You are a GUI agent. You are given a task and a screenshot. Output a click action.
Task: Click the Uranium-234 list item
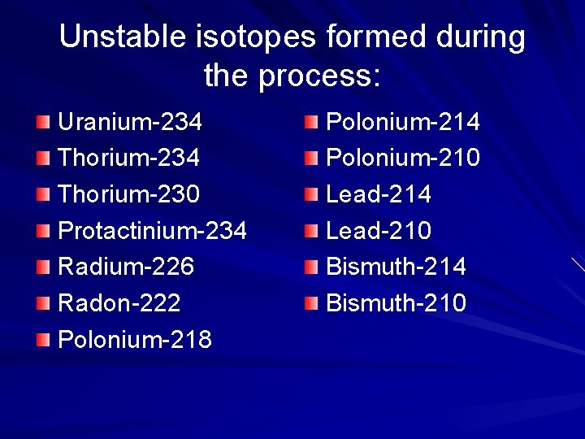(x=130, y=123)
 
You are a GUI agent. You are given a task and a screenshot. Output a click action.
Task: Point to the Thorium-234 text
(x=128, y=159)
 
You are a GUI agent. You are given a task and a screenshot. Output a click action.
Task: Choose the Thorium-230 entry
(x=128, y=195)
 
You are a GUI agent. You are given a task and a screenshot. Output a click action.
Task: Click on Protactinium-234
(x=152, y=232)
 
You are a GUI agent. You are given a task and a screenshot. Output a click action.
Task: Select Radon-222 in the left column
(x=119, y=303)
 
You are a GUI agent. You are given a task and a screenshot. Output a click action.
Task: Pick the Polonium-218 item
(x=135, y=339)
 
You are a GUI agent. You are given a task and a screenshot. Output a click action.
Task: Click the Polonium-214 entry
(x=403, y=123)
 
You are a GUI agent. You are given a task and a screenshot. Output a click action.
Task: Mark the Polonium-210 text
(x=403, y=159)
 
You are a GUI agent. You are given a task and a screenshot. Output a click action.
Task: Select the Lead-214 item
(x=379, y=195)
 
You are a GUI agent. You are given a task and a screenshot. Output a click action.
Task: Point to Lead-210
(x=379, y=232)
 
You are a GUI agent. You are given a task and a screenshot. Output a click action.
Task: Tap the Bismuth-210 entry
(x=396, y=303)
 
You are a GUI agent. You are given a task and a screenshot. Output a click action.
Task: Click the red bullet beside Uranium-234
(x=43, y=123)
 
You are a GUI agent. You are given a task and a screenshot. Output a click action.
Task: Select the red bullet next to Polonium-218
(x=43, y=339)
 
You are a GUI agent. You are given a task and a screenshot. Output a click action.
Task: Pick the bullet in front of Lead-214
(x=311, y=195)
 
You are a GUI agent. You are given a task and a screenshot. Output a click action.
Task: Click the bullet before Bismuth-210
(x=311, y=303)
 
